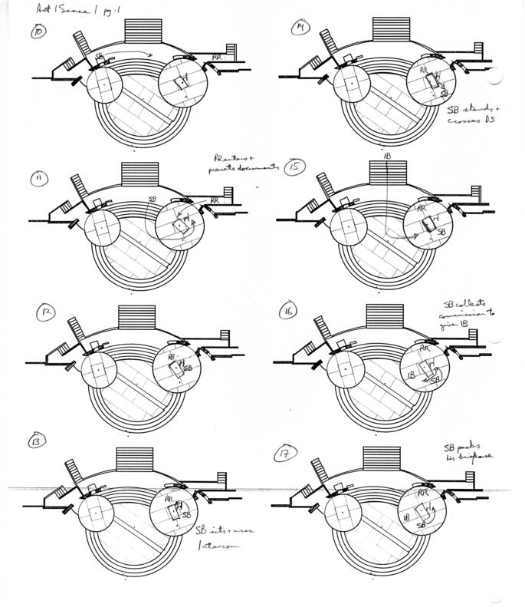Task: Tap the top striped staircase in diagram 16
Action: coord(383,317)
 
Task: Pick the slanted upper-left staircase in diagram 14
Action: coord(330,47)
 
